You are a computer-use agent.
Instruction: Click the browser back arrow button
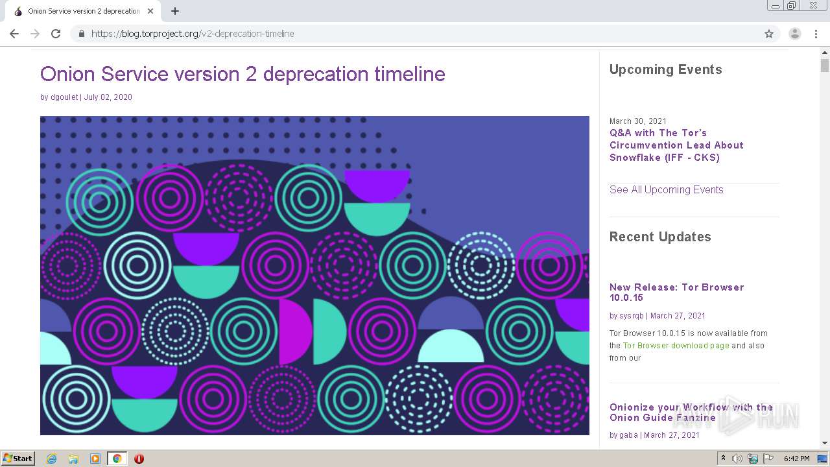(14, 34)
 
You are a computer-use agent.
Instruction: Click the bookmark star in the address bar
(769, 34)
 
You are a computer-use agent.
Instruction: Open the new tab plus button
(175, 11)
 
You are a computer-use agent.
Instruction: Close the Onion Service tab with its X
(150, 11)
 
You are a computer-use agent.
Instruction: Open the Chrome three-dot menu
(816, 34)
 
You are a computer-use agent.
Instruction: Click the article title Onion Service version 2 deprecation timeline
(243, 74)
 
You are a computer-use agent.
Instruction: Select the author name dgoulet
(64, 97)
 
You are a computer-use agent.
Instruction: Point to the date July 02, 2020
(108, 97)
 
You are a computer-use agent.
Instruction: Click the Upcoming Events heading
(665, 69)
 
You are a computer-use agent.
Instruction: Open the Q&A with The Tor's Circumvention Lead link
(676, 145)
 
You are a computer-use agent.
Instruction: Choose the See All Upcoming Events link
(666, 189)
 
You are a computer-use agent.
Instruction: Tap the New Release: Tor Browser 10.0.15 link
(676, 292)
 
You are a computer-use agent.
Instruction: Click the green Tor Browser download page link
(676, 346)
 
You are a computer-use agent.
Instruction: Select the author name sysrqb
(632, 316)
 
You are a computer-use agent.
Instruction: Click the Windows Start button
(18, 459)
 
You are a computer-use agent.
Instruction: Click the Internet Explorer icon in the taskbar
(51, 459)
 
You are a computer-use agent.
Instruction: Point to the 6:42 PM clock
(796, 459)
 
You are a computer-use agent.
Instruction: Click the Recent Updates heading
(660, 237)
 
